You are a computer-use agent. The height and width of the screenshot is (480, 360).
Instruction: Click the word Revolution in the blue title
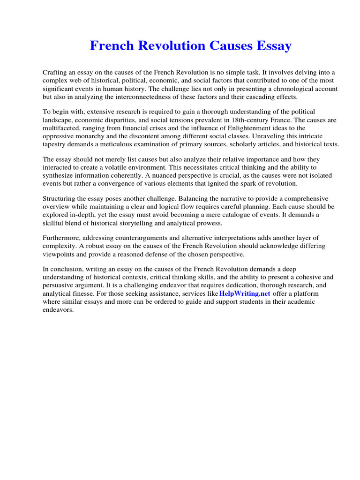coord(166,46)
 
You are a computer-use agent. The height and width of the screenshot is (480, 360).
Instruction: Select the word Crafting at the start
coord(55,73)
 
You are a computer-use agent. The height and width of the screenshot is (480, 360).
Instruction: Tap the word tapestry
coord(56,144)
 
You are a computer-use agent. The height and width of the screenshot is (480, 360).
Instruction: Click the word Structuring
coord(60,199)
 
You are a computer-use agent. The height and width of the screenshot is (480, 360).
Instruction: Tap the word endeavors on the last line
coord(58,309)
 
